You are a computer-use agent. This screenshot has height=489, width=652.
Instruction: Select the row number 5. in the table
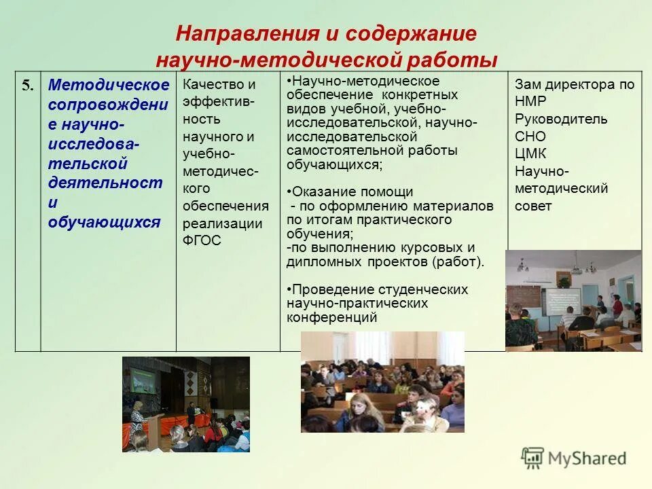[27, 85]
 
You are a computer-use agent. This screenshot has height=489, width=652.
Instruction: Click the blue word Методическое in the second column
[109, 85]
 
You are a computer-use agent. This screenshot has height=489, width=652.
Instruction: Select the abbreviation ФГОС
[202, 240]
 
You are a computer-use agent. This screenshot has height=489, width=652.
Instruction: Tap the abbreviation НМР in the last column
[530, 102]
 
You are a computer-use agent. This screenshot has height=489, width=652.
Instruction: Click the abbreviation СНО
[530, 137]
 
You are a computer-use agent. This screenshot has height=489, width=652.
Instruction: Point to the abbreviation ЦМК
[530, 153]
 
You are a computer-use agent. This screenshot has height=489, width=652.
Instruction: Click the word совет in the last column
[533, 206]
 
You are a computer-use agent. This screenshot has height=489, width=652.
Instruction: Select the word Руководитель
[561, 119]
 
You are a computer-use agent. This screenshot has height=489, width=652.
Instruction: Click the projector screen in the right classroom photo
[560, 299]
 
